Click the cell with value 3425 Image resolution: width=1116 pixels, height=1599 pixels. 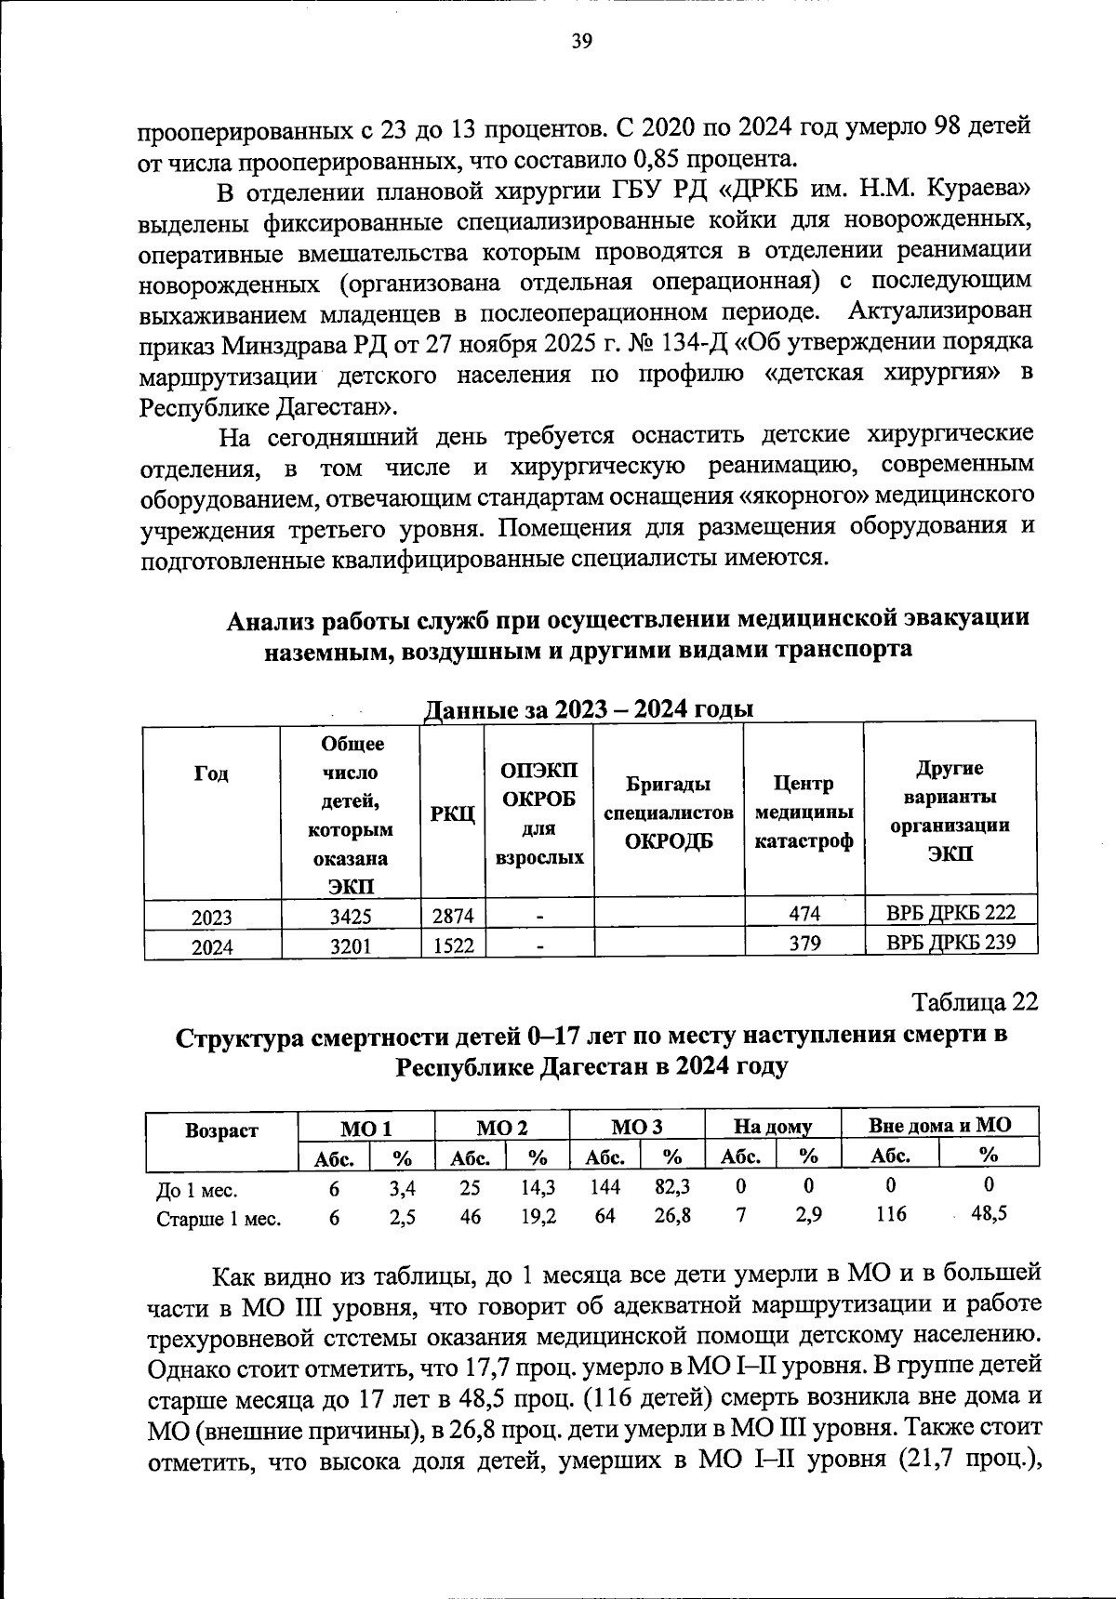351,917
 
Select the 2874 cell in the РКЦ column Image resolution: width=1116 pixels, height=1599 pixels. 453,917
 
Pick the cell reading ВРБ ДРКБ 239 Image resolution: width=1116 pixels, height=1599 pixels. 950,943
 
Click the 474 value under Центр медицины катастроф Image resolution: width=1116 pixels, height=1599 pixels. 804,915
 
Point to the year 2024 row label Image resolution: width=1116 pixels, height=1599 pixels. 212,946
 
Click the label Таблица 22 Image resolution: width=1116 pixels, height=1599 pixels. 974,1003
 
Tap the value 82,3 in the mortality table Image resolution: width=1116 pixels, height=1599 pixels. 671,1187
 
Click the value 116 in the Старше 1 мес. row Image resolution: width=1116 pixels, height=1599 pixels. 891,1215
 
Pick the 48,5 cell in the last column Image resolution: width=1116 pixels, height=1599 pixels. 989,1215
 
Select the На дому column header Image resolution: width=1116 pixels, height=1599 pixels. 773,1127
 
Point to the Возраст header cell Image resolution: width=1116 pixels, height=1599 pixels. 221,1131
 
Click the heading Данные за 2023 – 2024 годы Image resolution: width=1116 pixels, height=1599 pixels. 588,709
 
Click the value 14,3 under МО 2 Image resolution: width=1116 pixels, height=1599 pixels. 538,1187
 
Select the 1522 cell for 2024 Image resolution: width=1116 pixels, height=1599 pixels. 453,945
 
